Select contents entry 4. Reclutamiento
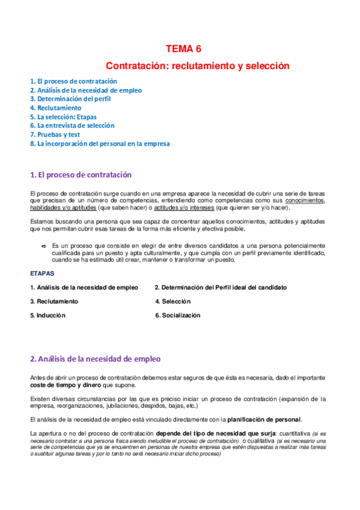coord(55,108)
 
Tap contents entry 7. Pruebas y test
coord(55,135)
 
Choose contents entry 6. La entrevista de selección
coord(72,126)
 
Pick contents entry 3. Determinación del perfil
coord(70,99)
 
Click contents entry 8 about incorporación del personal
coord(100,144)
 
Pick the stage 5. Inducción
coord(47,315)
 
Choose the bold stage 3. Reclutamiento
coord(53,301)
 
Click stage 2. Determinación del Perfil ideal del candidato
coord(221,287)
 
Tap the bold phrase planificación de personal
coord(264,419)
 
